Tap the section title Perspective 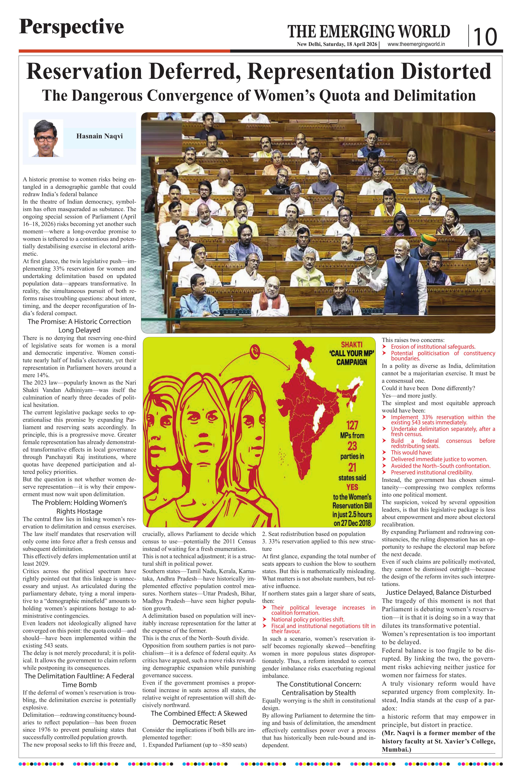pos(71,27)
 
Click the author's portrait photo pos(46,138)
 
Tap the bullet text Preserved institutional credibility pos(432,472)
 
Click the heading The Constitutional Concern pos(318,684)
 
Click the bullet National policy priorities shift pos(308,619)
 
